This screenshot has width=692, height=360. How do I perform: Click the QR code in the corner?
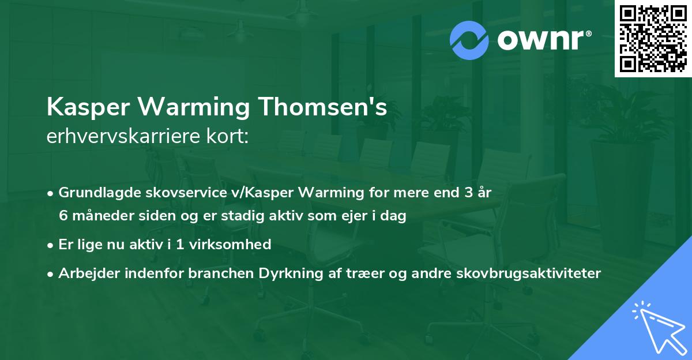click(x=653, y=39)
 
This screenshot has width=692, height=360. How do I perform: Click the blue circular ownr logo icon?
click(x=470, y=40)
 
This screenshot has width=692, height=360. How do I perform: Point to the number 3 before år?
click(x=468, y=193)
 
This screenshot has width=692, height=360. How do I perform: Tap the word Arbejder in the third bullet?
click(x=85, y=273)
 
